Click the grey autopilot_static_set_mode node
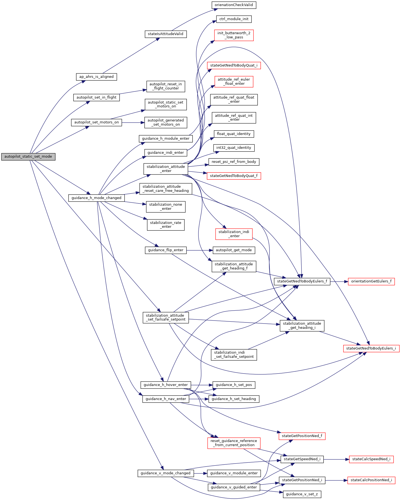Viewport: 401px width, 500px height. (x=28, y=157)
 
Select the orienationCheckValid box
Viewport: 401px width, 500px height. (x=234, y=5)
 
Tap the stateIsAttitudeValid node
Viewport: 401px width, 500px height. (x=166, y=34)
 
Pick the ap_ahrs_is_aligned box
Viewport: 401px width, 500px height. (x=96, y=77)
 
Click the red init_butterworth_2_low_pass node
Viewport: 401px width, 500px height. (x=234, y=35)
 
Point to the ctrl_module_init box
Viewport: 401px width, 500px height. (x=234, y=19)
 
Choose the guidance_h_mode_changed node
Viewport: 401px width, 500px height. (x=96, y=198)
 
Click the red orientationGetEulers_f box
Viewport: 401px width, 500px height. (x=371, y=281)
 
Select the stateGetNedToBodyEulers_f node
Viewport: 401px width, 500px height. (x=302, y=281)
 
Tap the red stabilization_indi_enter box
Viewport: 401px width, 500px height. (x=234, y=234)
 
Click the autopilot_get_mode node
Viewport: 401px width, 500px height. (x=234, y=250)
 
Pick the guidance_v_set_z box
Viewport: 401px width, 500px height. (x=302, y=494)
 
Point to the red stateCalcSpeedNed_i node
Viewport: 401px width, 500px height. (x=371, y=459)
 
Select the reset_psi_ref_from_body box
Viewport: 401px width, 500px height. (x=234, y=162)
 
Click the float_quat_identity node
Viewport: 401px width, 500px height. (x=234, y=134)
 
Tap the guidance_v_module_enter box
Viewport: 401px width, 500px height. (x=234, y=473)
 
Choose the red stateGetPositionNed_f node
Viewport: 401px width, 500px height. (x=302, y=436)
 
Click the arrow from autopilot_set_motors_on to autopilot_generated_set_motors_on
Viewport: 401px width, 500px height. (x=133, y=122)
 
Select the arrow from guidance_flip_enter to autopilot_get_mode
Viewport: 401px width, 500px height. (x=199, y=250)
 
